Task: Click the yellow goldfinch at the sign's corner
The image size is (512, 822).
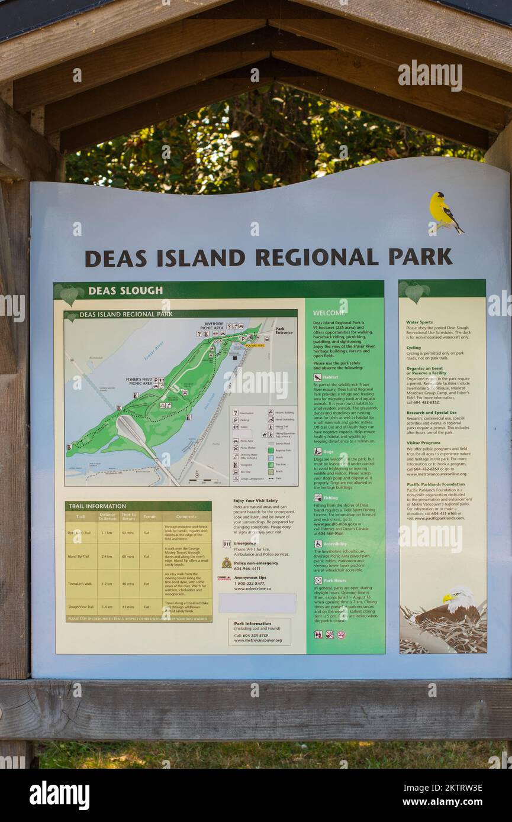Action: click(443, 212)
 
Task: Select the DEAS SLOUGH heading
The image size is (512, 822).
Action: click(125, 290)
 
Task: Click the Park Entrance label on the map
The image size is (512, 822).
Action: click(284, 331)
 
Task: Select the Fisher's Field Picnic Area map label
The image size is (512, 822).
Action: click(139, 381)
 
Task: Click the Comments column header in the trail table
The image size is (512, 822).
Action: click(186, 516)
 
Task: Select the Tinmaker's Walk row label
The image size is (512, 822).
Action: click(79, 584)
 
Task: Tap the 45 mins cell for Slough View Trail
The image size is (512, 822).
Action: click(128, 607)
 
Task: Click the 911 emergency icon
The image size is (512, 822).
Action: click(227, 543)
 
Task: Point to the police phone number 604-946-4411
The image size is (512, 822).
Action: click(247, 569)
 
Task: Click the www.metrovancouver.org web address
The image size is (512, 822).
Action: click(257, 640)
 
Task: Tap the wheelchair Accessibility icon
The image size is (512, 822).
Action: click(318, 544)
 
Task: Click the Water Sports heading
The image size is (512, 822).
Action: click(419, 322)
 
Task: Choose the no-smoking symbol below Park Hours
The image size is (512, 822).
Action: click(340, 635)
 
